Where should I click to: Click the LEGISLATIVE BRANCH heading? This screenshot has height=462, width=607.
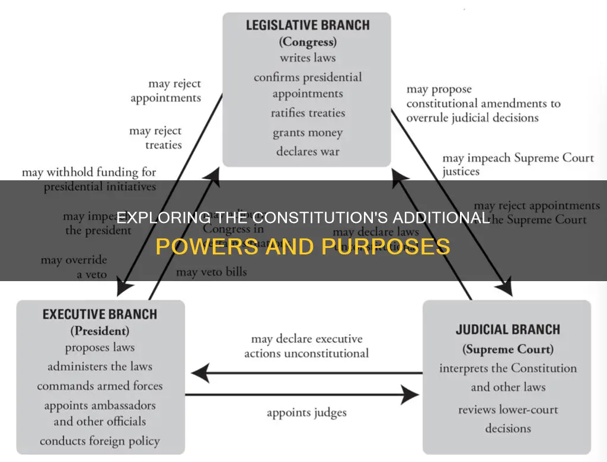[307, 26]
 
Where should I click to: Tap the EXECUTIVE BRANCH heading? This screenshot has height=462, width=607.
[100, 314]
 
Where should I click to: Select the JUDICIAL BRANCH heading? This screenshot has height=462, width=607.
[508, 330]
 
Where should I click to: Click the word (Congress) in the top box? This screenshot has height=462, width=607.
[307, 42]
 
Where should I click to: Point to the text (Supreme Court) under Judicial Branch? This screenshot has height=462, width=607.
[508, 349]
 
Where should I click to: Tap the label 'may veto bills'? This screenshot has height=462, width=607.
[212, 272]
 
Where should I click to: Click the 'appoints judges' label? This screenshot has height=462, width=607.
[306, 413]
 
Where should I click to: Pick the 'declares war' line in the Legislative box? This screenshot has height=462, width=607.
[307, 151]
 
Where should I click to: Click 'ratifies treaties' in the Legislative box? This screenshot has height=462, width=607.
[308, 113]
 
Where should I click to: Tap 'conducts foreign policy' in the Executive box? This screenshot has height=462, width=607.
[100, 441]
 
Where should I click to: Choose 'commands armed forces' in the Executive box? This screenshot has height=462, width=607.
[100, 385]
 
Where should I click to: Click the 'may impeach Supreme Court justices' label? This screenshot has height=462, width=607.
[517, 165]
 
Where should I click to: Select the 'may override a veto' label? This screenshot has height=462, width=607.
[74, 267]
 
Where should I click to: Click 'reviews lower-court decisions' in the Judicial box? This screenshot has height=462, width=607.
[508, 419]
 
